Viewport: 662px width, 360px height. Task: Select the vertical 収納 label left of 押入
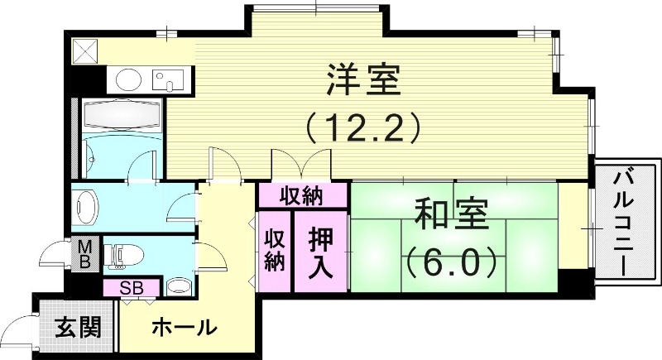click(275, 251)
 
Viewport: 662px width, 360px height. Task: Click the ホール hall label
click(185, 328)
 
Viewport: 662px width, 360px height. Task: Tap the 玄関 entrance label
click(79, 328)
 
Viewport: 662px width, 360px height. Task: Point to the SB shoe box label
click(131, 289)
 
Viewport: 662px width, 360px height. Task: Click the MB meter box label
click(85, 254)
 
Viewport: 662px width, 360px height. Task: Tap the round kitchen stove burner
click(129, 79)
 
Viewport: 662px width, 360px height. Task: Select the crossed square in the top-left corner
click(85, 50)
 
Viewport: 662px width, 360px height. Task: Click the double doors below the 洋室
click(300, 166)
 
